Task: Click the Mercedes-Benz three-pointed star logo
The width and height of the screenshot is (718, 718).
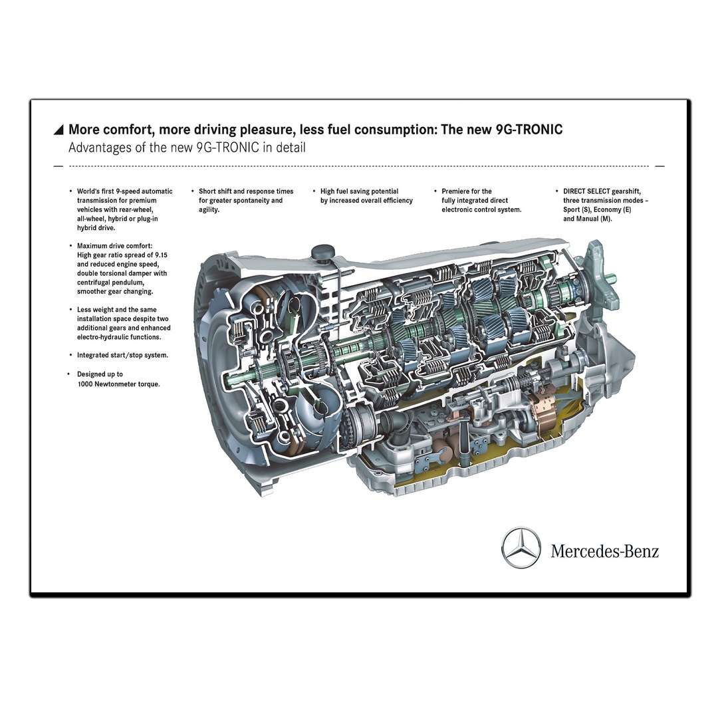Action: (521, 548)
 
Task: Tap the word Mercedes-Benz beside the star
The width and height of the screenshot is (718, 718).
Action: (604, 551)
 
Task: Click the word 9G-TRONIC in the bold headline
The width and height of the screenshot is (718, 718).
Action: (529, 130)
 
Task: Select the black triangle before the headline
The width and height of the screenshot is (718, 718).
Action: (59, 130)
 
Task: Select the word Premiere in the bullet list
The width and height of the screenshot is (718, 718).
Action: (457, 191)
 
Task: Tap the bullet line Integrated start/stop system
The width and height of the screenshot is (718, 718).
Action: (122, 355)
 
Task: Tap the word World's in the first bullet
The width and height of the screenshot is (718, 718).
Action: (89, 191)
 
